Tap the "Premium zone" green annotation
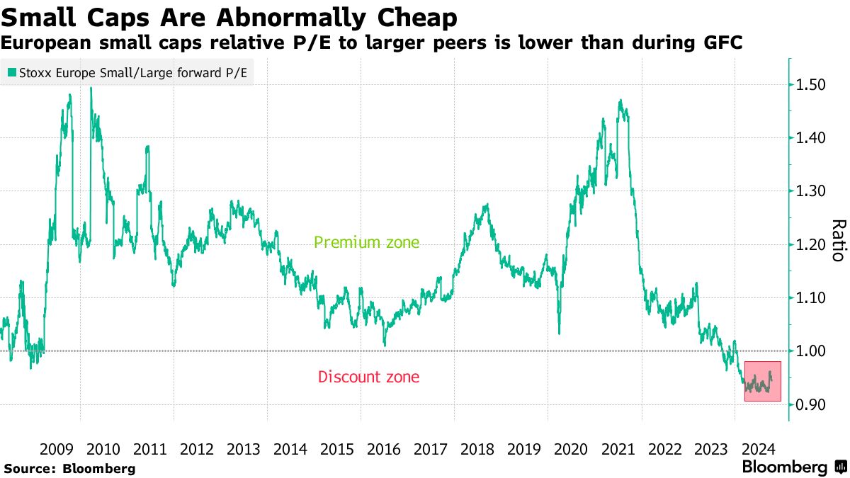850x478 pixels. (x=366, y=243)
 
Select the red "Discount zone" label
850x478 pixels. (x=368, y=377)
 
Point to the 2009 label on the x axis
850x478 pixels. (x=57, y=449)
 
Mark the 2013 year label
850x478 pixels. (x=244, y=449)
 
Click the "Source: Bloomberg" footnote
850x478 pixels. (x=69, y=469)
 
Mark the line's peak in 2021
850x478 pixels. (x=620, y=101)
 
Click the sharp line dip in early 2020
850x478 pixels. (x=559, y=333)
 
